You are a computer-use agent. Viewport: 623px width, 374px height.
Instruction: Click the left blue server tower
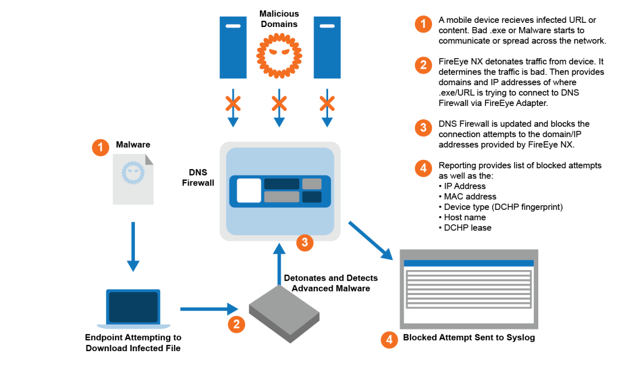[x=233, y=47]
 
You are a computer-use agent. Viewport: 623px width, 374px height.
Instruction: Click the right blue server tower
[x=327, y=47]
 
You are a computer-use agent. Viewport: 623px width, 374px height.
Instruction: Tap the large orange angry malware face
[x=279, y=55]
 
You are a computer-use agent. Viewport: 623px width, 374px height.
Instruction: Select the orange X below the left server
[x=233, y=104]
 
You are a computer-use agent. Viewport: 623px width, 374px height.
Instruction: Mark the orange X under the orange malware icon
[x=279, y=104]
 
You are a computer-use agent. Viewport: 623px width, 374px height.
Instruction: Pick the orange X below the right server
[x=327, y=104]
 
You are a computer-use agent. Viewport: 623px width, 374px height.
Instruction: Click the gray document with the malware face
[x=133, y=179]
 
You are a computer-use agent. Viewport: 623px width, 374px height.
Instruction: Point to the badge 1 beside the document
[x=101, y=147]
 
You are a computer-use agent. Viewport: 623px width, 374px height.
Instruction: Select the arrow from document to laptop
[x=133, y=246]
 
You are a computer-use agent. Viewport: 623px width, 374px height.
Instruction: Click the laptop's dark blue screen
[x=133, y=306]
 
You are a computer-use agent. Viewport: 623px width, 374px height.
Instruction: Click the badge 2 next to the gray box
[x=236, y=325]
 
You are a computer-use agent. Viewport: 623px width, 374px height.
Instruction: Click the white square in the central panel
[x=249, y=191]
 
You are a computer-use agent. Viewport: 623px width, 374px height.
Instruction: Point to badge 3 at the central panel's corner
[x=305, y=242]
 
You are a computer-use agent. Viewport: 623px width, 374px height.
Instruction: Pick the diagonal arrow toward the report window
[x=370, y=240]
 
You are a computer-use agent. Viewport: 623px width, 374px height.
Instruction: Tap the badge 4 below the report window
[x=389, y=340]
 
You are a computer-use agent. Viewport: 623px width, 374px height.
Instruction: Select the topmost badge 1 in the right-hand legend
[x=423, y=24]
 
